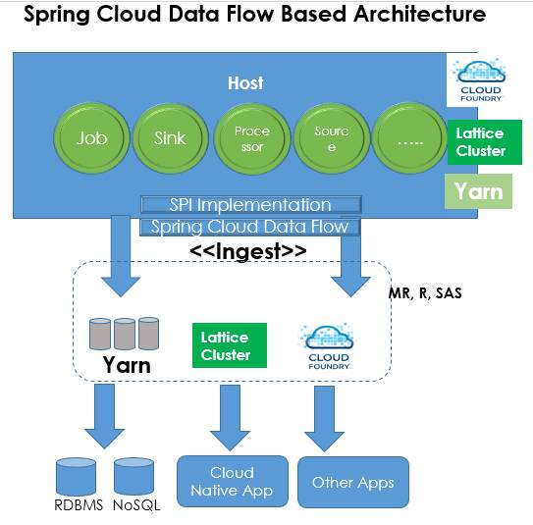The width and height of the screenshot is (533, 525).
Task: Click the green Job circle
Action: point(91,138)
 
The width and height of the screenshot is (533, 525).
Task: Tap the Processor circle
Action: point(251,138)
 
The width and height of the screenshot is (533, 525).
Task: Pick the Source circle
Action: point(332,138)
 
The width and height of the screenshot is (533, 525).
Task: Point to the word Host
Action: point(245,83)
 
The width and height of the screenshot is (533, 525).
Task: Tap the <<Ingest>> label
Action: point(247,251)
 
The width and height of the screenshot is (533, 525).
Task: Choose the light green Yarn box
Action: point(478,190)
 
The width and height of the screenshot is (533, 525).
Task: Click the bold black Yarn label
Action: point(127,366)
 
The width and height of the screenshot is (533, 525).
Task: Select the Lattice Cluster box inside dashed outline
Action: point(225,346)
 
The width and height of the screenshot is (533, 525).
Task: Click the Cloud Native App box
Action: point(232,481)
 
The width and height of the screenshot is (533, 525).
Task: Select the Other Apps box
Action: point(352,482)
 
